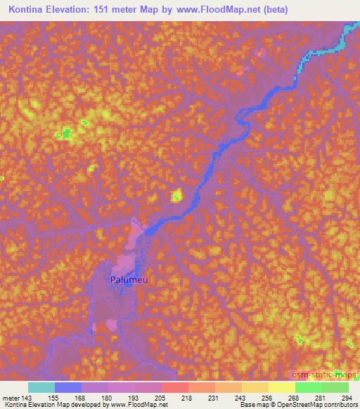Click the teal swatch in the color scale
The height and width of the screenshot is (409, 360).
[x=41, y=387]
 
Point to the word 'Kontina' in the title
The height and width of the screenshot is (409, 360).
[x=29, y=11]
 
